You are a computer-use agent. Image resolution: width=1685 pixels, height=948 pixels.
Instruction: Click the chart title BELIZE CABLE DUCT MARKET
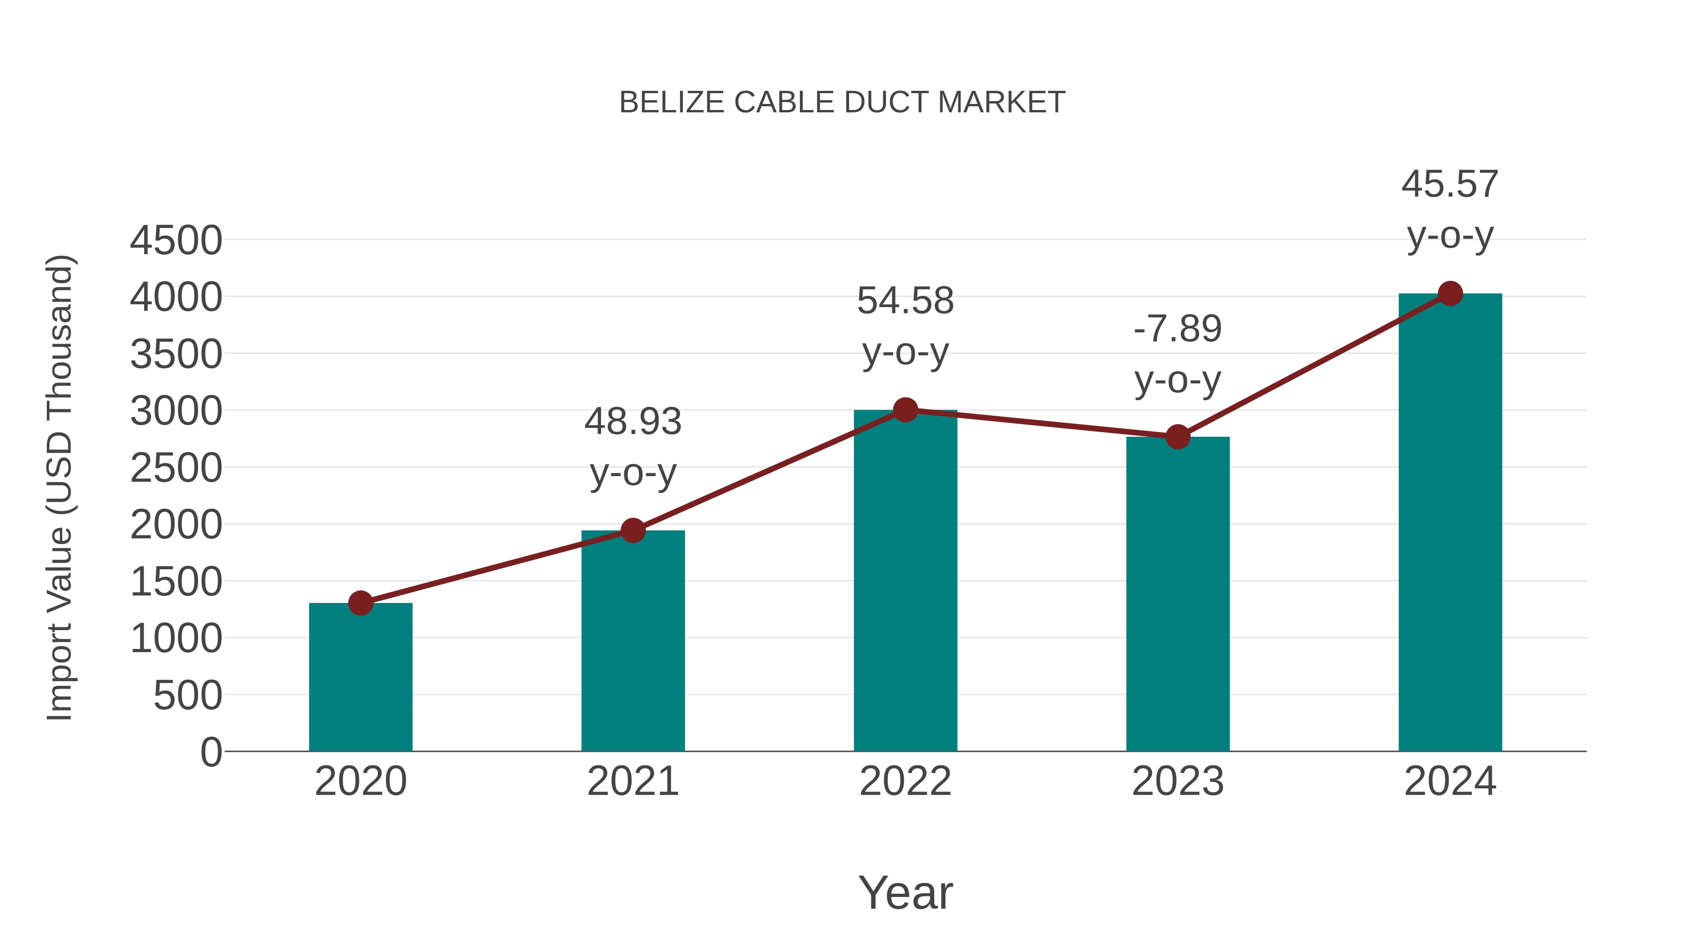click(x=842, y=103)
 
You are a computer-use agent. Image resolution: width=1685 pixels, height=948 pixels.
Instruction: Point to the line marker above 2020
click(x=360, y=603)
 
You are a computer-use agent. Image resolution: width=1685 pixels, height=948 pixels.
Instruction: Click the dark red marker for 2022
click(x=905, y=410)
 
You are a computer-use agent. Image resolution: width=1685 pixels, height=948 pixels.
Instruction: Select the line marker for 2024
click(x=1450, y=294)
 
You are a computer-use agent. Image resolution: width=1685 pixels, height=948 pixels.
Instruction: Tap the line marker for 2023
click(x=1178, y=436)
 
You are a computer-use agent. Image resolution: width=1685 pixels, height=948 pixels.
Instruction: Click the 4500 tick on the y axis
click(x=176, y=240)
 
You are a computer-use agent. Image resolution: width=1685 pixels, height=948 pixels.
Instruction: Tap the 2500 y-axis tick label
click(x=176, y=468)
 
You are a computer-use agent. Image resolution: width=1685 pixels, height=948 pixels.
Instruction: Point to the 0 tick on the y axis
click(x=211, y=752)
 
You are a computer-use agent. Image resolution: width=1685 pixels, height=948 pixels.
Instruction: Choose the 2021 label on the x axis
click(x=632, y=781)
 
